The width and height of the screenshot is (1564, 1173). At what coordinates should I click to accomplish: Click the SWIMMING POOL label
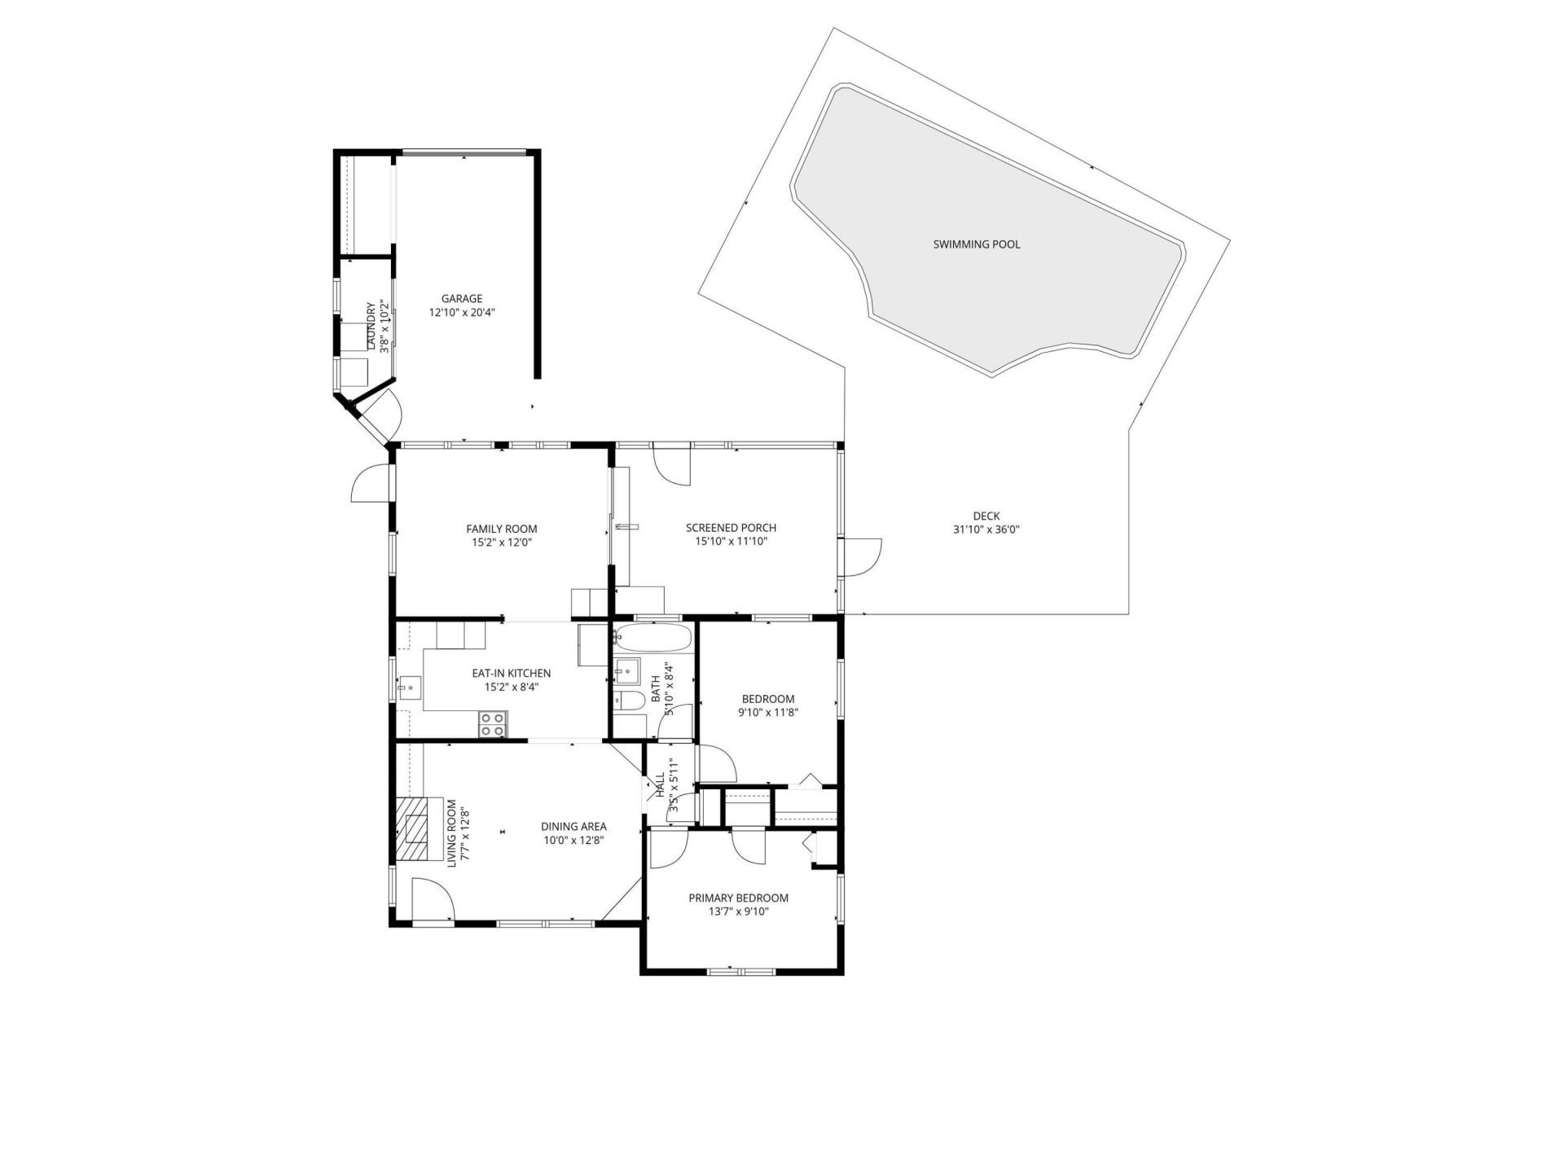click(976, 244)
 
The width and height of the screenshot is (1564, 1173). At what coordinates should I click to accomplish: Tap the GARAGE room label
click(462, 299)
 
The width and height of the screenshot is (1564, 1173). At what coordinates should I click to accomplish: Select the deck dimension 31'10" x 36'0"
click(986, 529)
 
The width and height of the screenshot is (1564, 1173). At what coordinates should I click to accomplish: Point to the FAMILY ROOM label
click(501, 529)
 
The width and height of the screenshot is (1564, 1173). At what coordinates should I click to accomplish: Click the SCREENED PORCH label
click(731, 528)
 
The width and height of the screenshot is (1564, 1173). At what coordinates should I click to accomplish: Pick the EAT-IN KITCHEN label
click(511, 674)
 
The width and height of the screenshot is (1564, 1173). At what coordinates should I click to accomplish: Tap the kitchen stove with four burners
click(492, 724)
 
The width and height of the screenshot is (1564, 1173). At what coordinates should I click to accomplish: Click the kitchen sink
click(409, 688)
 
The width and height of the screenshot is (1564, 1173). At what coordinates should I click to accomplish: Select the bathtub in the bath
click(652, 636)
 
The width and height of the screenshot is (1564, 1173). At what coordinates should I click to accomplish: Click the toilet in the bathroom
click(628, 700)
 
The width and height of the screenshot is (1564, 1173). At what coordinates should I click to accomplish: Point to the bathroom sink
click(627, 672)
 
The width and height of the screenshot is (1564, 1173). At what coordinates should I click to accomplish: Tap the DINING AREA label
click(573, 827)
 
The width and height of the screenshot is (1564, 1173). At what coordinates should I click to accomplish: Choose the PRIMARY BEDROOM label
click(738, 898)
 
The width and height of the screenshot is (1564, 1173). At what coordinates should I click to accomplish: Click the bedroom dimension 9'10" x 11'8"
click(767, 713)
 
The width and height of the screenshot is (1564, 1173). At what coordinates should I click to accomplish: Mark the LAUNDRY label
click(371, 327)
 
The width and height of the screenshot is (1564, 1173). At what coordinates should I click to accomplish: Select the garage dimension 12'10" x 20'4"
click(462, 312)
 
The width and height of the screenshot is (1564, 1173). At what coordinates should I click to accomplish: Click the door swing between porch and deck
click(862, 556)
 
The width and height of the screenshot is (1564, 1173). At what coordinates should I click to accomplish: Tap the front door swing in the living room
click(432, 900)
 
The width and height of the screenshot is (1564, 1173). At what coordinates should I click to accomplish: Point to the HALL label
click(661, 787)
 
